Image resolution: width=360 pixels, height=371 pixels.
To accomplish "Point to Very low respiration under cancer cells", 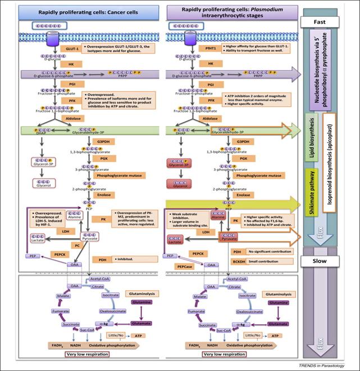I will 78,355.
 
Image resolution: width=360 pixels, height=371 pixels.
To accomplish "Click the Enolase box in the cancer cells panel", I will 89,194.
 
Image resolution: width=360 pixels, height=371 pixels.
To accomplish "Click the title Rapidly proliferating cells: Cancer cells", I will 82,11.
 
